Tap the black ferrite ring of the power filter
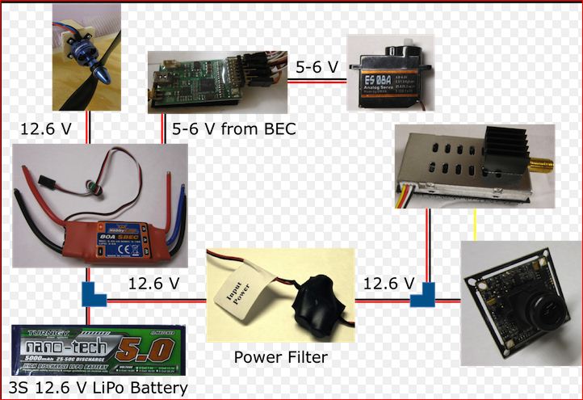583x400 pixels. coord(317,305)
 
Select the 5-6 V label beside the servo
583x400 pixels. coord(316,67)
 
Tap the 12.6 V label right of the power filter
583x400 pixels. coord(389,284)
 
